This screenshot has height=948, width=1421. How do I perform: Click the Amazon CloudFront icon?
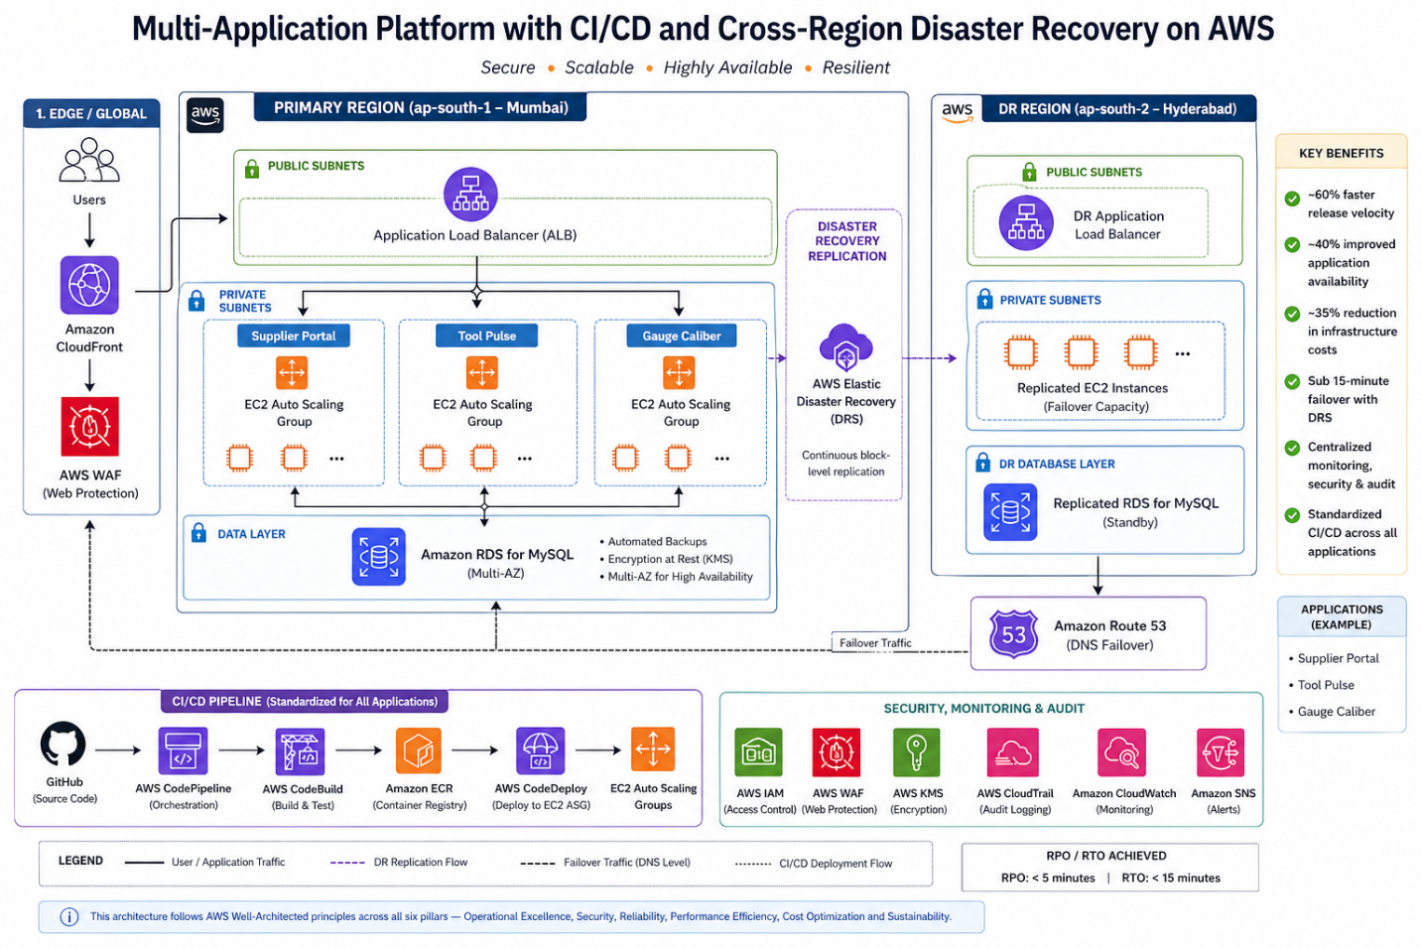(x=89, y=285)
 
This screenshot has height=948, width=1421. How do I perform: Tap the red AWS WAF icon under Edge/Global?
(x=89, y=427)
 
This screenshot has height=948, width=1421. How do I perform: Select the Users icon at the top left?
(x=89, y=161)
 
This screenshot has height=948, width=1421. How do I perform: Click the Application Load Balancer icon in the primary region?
(x=470, y=195)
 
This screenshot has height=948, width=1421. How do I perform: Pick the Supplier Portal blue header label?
(x=294, y=336)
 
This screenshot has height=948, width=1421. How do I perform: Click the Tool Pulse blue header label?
(x=486, y=336)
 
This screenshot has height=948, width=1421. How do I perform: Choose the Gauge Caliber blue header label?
(x=681, y=336)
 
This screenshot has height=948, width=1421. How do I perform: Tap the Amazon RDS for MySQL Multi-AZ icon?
(x=379, y=557)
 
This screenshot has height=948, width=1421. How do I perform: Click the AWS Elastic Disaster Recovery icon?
(x=845, y=347)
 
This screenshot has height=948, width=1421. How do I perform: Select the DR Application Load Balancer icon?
(x=1025, y=223)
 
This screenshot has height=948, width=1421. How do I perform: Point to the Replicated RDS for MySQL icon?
(x=1010, y=512)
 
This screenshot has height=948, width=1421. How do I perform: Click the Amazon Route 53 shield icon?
(x=1013, y=634)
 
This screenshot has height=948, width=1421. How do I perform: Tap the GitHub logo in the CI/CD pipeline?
(x=64, y=745)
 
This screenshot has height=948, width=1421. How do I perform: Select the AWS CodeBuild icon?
(x=301, y=751)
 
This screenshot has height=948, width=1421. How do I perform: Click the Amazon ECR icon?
(x=419, y=751)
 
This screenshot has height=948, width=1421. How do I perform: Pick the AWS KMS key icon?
(x=916, y=751)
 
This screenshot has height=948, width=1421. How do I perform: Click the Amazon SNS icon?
(x=1221, y=751)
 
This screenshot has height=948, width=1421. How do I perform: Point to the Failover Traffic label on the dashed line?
(x=875, y=643)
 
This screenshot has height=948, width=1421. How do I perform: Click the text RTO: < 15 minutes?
(x=1171, y=878)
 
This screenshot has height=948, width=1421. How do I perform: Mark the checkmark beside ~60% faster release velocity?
(x=1292, y=199)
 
